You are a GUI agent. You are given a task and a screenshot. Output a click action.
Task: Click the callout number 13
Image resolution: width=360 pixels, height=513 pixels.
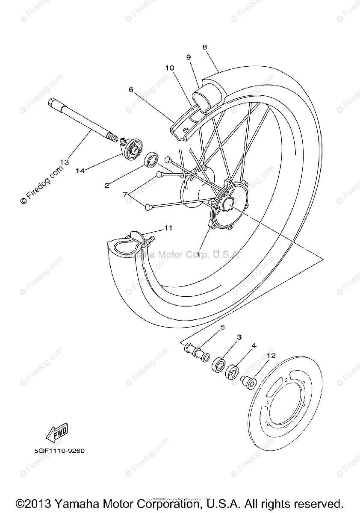64,162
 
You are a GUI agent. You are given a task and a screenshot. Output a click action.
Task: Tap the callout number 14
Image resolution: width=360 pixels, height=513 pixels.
80,171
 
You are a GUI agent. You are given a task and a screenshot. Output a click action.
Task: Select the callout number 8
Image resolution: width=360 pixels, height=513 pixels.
205,47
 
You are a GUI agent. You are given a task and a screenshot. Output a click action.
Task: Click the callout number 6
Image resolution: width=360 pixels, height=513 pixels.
131,89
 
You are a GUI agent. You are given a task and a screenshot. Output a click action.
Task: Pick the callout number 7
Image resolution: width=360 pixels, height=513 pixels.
125,194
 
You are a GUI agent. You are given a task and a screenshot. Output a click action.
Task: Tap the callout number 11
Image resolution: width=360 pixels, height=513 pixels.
168,228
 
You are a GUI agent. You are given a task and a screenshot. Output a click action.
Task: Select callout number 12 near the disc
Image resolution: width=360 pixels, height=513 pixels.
271,355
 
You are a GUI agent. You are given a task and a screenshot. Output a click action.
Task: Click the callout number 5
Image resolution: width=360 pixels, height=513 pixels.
222,328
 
